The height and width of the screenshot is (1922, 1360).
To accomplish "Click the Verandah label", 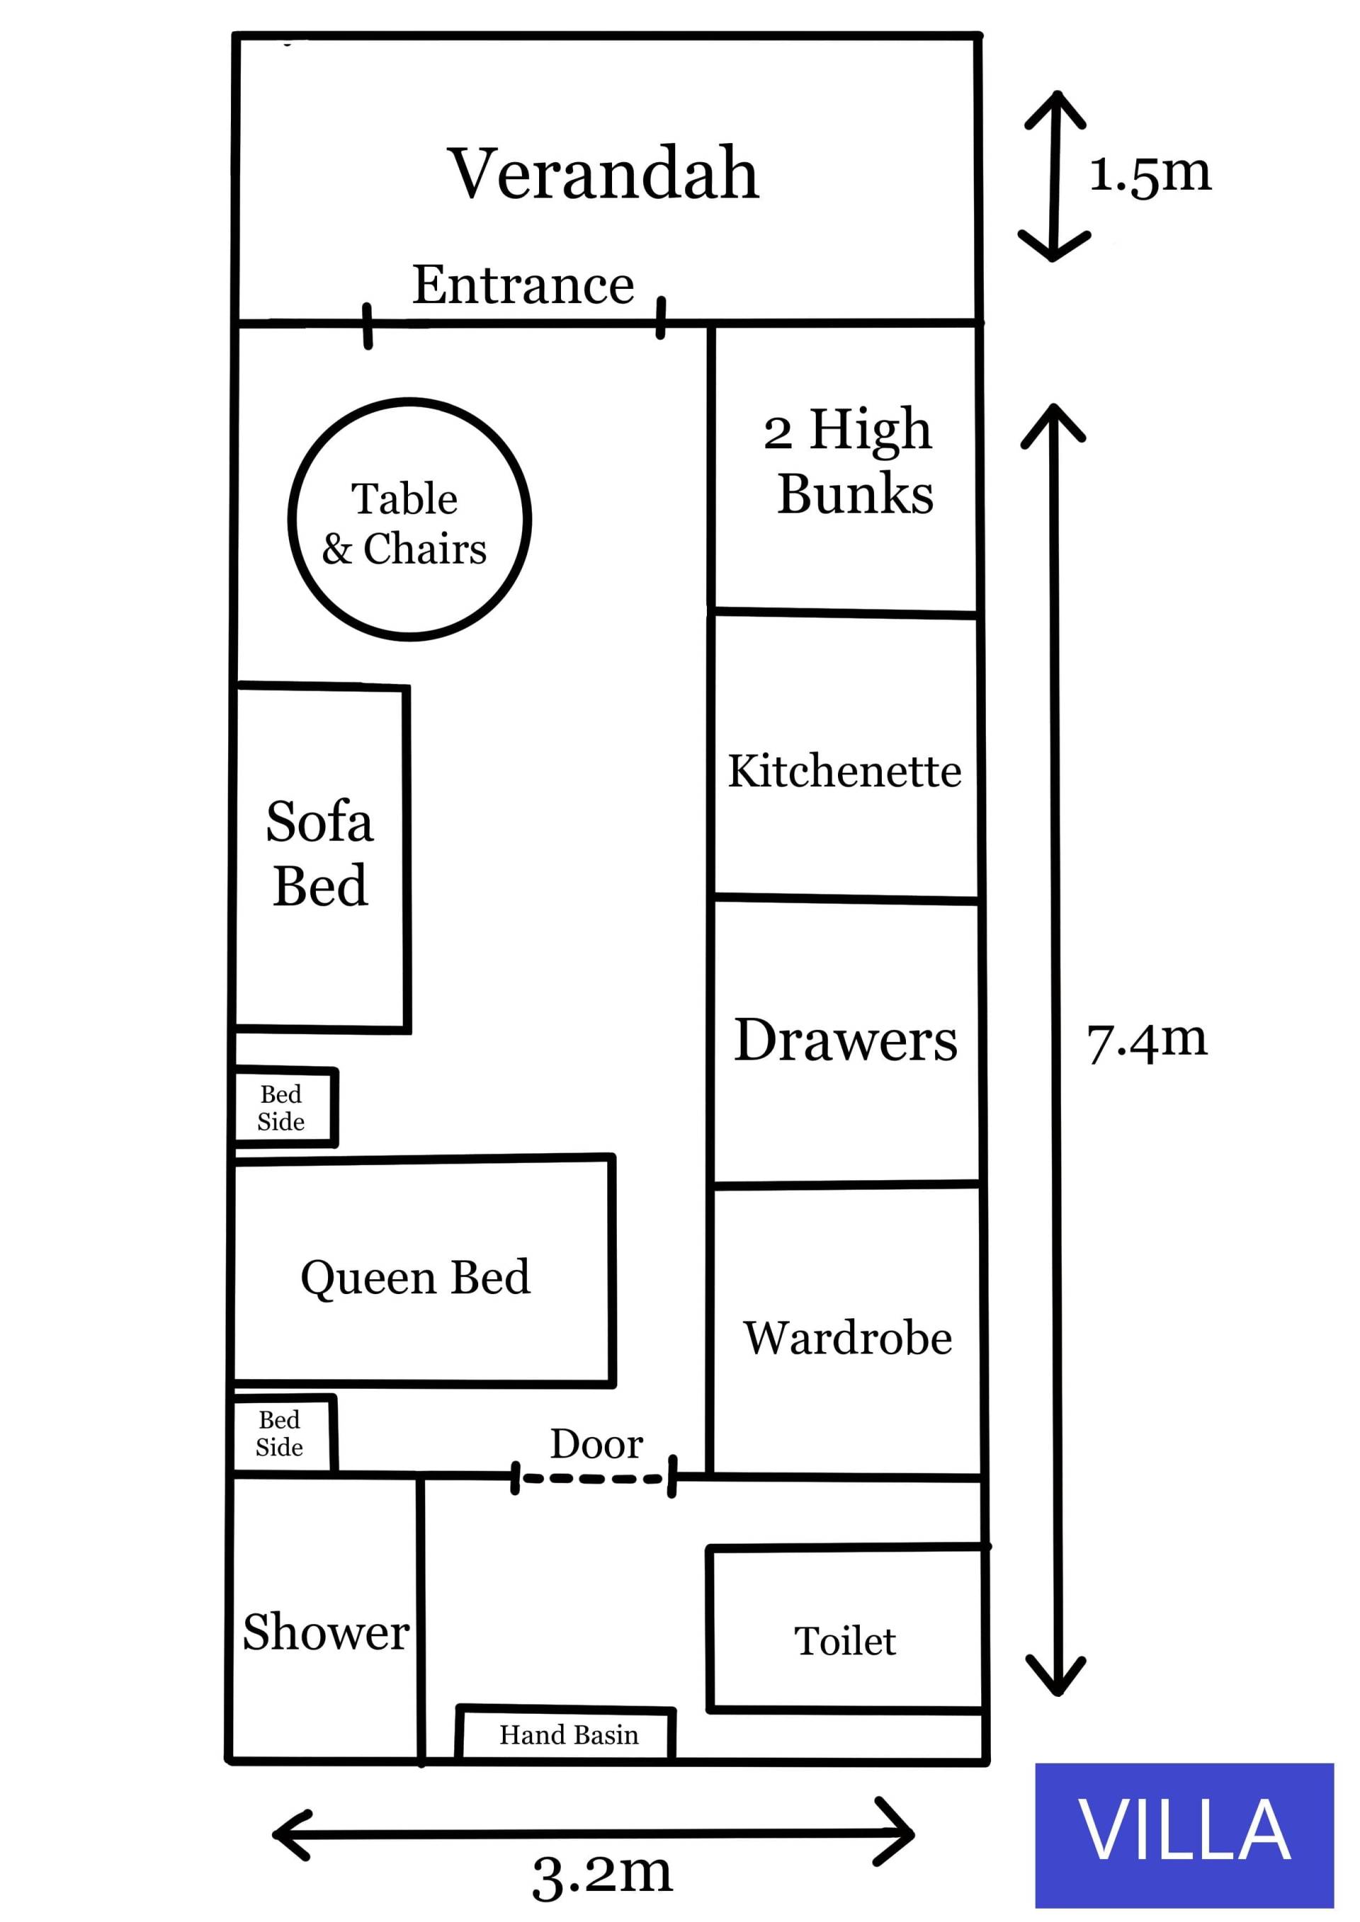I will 603,173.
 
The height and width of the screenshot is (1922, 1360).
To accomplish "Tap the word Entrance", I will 523,285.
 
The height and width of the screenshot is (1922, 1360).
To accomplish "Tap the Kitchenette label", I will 844,771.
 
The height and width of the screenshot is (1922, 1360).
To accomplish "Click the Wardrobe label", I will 847,1338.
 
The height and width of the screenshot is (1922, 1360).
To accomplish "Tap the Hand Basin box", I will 568,1734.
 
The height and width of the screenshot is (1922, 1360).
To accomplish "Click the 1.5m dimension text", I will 1150,174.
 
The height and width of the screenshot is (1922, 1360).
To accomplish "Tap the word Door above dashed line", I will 596,1444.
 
